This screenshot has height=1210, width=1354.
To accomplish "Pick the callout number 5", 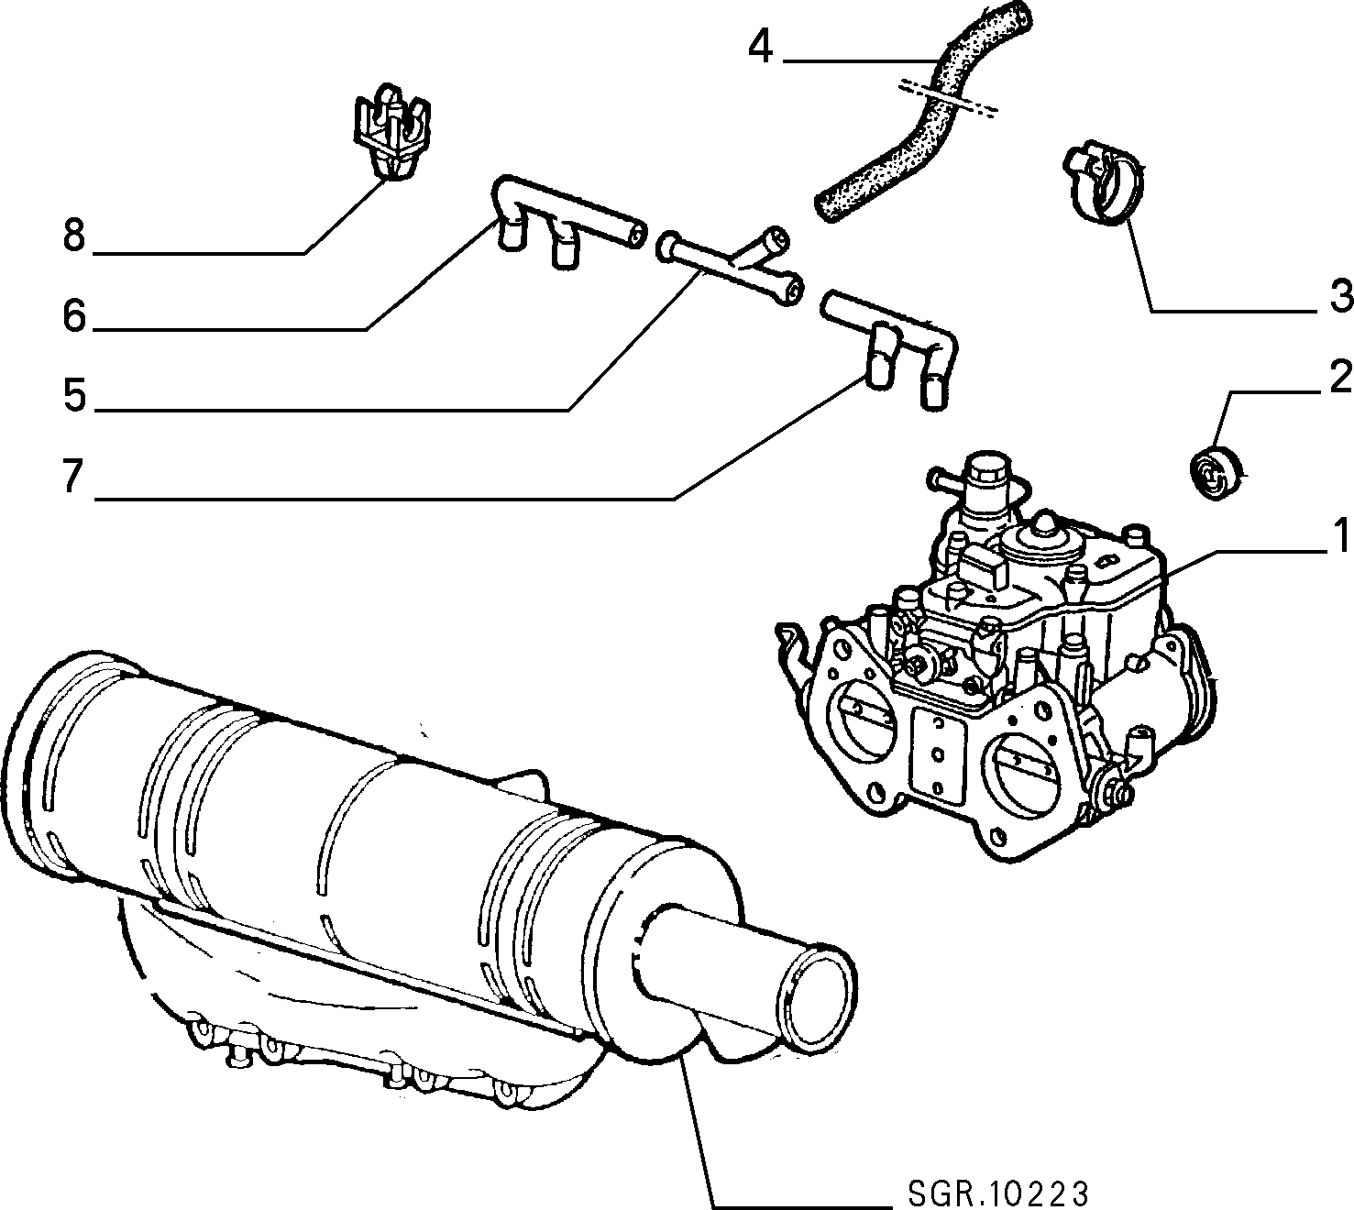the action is (x=75, y=394).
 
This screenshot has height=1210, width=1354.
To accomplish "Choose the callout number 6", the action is (x=75, y=314).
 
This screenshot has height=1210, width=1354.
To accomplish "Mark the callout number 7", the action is (x=73, y=476).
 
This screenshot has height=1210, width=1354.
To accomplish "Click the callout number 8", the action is (x=75, y=236).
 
